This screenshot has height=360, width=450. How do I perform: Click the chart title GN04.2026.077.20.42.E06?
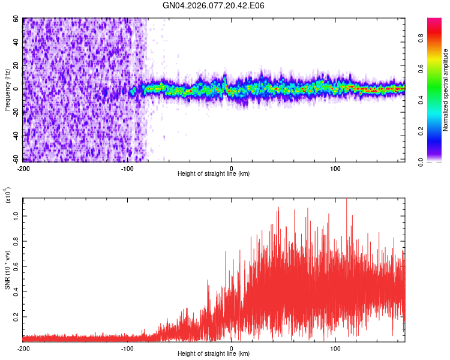[214, 5]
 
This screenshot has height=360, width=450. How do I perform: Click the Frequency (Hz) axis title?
[7, 89]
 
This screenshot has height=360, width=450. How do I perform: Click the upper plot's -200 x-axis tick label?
[23, 167]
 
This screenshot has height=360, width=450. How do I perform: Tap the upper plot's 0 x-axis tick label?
[232, 167]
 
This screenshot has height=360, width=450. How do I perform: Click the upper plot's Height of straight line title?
[214, 174]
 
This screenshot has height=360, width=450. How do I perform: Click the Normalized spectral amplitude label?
[446, 90]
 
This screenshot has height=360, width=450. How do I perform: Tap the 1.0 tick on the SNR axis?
[16, 215]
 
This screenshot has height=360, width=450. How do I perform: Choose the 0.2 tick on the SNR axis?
[16, 316]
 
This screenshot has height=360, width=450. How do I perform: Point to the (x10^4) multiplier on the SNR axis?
[8, 195]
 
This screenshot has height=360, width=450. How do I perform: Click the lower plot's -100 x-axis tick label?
[127, 348]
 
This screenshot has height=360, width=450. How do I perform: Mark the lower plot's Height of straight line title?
[214, 355]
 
